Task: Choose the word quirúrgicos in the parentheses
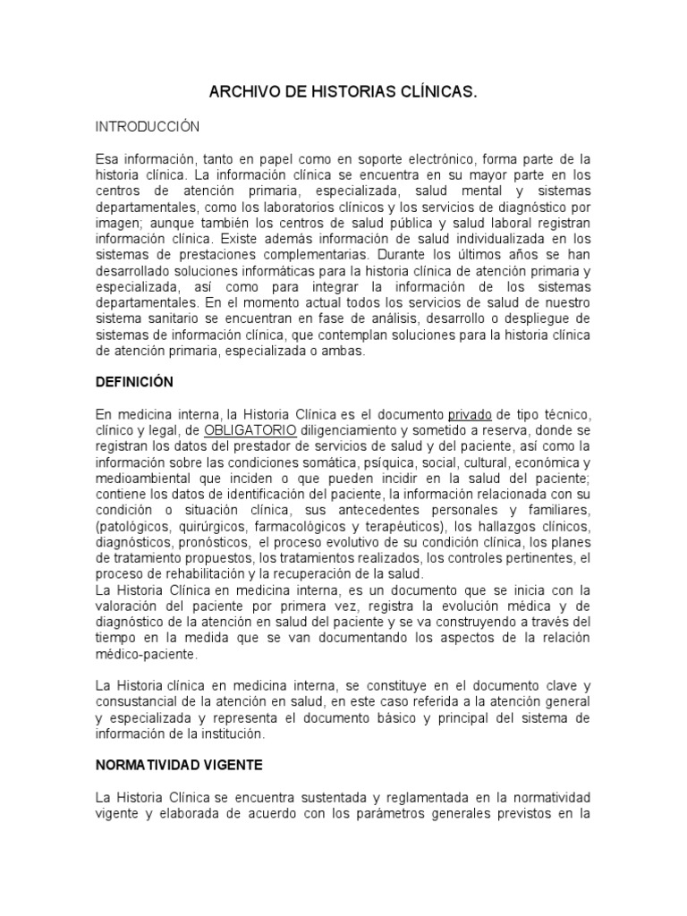(x=215, y=527)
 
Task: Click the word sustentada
(x=330, y=798)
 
